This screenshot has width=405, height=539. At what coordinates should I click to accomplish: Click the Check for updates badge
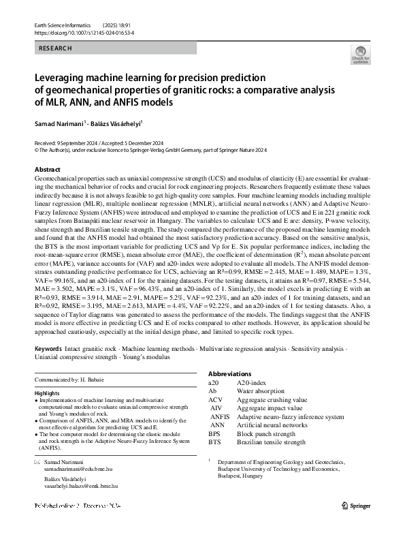click(x=359, y=55)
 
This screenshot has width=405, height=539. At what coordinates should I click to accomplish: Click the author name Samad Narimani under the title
click(x=58, y=125)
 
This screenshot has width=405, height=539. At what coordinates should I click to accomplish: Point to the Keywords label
click(x=48, y=348)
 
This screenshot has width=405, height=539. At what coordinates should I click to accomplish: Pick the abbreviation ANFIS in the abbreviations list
click(x=220, y=416)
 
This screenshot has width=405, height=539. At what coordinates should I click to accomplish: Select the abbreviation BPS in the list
click(x=214, y=433)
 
